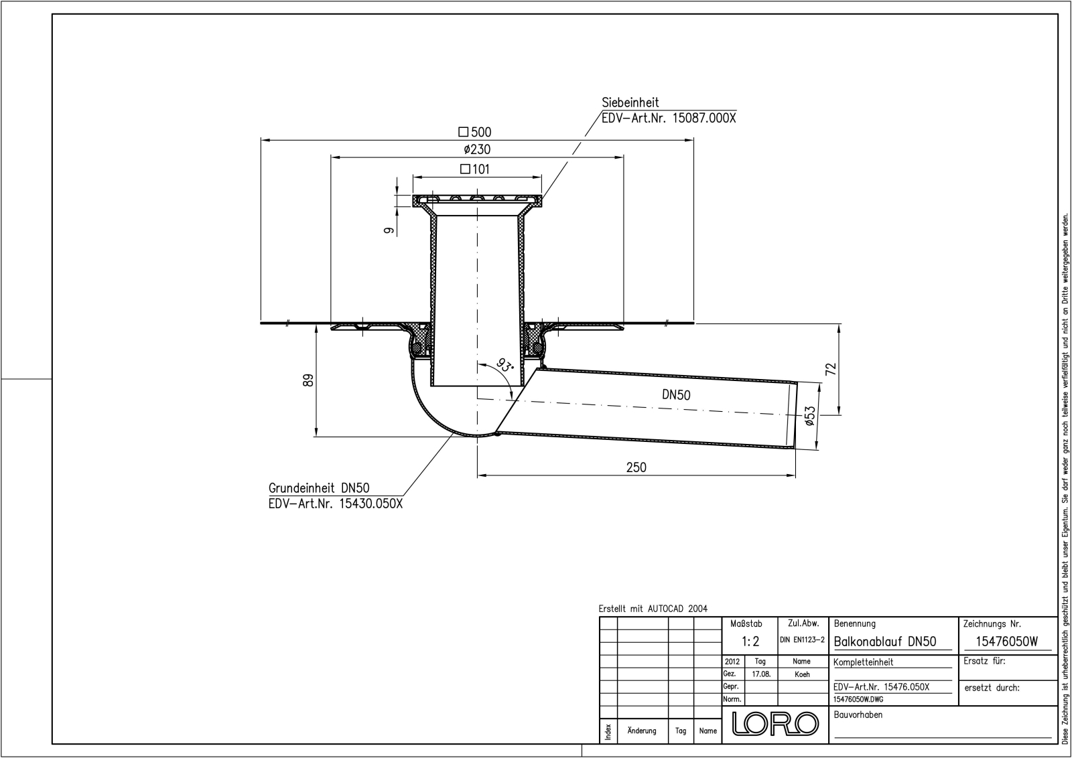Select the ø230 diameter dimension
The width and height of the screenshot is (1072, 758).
tap(476, 150)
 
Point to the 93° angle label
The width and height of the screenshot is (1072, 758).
tap(505, 366)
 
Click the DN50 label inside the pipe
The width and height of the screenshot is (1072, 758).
tap(676, 395)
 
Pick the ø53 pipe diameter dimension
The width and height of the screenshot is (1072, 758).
tap(810, 416)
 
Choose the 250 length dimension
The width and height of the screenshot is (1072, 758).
tap(636, 467)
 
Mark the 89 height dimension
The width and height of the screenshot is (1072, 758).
tap(309, 380)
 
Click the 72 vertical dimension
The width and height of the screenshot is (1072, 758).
tap(831, 369)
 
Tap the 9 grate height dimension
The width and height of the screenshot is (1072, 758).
tap(387, 230)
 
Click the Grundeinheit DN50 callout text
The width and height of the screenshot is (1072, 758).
tap(319, 489)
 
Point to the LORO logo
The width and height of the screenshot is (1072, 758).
tap(775, 724)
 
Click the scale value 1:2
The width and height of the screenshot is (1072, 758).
tap(751, 641)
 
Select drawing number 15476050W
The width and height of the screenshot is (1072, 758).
tap(1006, 641)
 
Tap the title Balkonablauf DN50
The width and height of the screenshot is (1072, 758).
tap(884, 641)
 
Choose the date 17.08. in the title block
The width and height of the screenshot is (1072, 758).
tap(761, 674)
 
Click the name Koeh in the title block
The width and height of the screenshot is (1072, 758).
tap(802, 674)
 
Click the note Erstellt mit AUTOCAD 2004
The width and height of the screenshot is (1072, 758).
tap(653, 609)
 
